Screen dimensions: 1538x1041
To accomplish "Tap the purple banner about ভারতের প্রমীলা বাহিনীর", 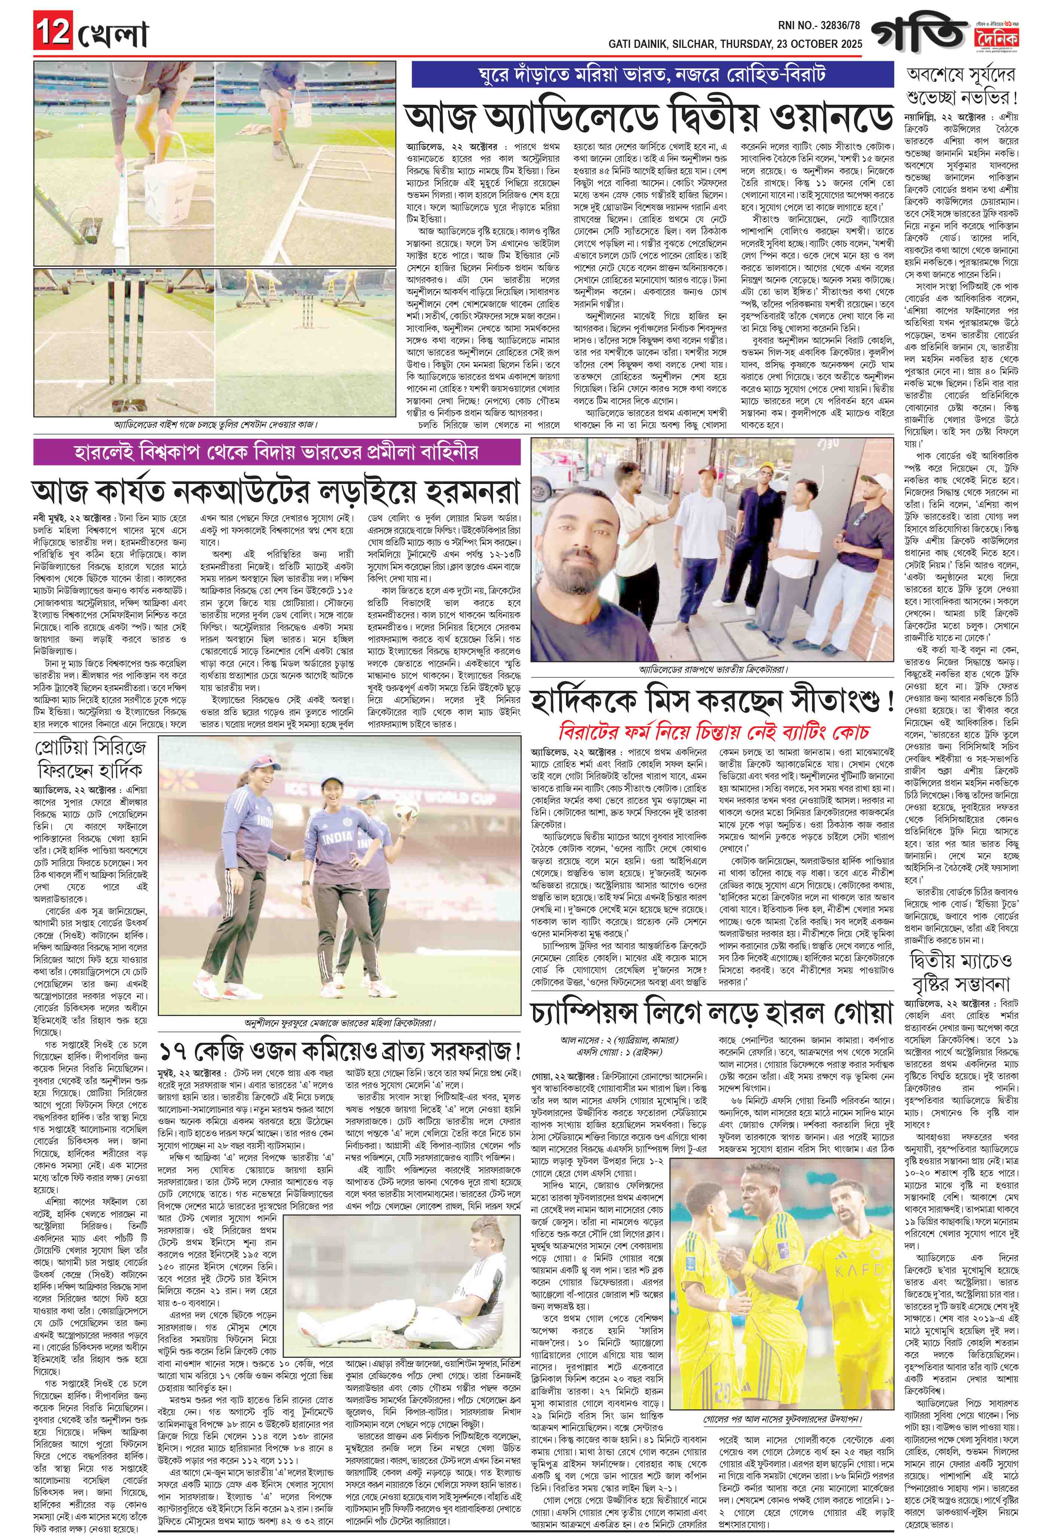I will pyautogui.click(x=278, y=453).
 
